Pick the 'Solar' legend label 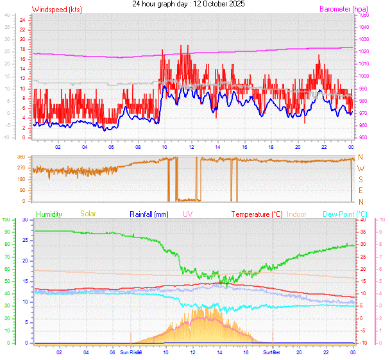[88, 214]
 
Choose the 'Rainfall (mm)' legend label [149, 214]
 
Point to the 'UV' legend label [187, 214]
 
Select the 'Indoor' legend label [297, 214]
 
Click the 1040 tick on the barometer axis [364, 27]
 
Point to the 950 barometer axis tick [363, 138]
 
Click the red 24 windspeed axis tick [22, 20]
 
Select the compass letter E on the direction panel [360, 191]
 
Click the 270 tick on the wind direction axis [21, 168]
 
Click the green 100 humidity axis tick [6, 220]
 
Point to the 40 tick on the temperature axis [363, 220]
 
